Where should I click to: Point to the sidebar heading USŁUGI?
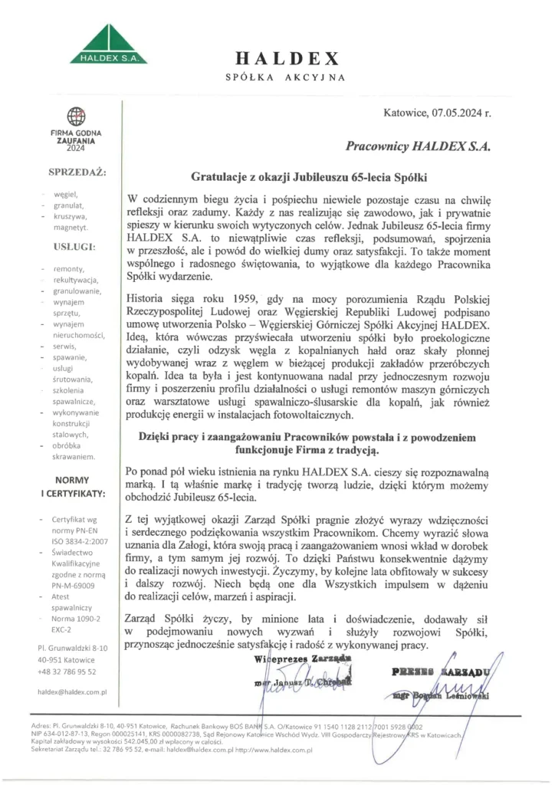click(74, 246)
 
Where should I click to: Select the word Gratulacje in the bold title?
click(216, 176)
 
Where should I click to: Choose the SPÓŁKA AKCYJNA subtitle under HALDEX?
click(286, 77)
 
